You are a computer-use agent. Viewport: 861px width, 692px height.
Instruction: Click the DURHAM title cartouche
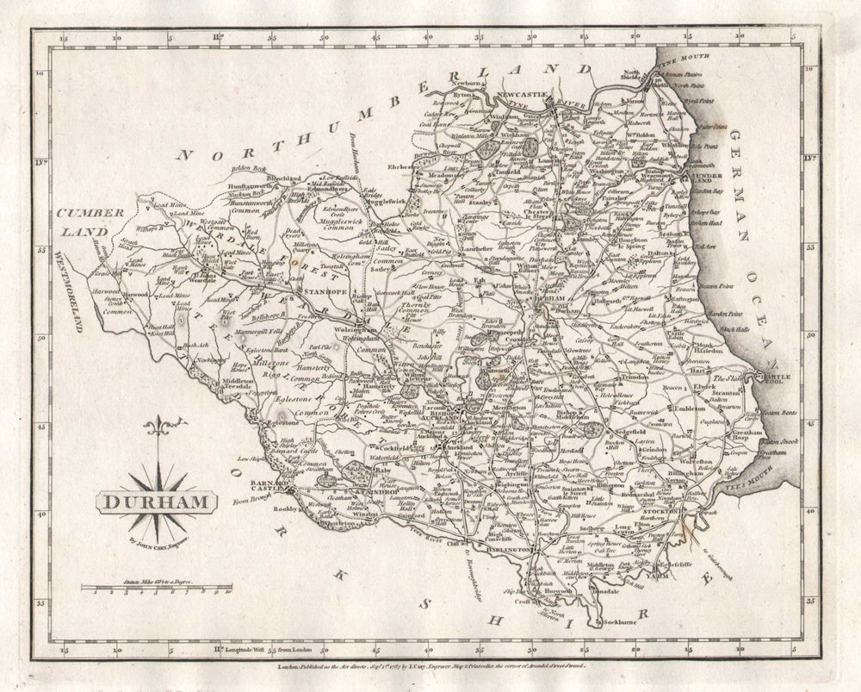157,499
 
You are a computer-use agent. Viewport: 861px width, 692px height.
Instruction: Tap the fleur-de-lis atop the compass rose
157,428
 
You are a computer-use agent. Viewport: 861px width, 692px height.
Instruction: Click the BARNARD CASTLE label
268,488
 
